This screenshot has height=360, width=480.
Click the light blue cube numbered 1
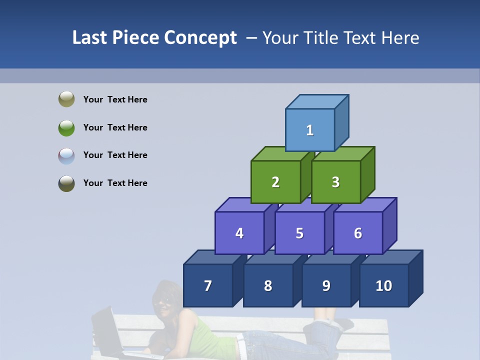coord(310,130)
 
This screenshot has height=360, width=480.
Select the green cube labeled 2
coord(275,182)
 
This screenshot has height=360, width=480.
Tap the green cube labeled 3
coord(335,182)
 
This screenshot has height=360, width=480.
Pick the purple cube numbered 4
coord(239,233)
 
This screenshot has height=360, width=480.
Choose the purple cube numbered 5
coord(299,233)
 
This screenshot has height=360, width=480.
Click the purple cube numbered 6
coord(358,233)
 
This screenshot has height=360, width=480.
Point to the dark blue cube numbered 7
coord(208,285)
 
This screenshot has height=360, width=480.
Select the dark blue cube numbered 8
coord(268,285)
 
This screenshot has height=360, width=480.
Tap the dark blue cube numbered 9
coord(326,285)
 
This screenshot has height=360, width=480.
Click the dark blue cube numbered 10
coord(384,285)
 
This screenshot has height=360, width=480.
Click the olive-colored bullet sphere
coord(66,99)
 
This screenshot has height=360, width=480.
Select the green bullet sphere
coord(66,127)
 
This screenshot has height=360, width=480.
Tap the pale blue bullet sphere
coord(66,155)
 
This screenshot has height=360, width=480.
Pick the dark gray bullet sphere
coord(66,183)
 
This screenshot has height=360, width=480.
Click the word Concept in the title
coord(200,38)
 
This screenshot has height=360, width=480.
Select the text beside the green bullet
coord(115,127)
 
